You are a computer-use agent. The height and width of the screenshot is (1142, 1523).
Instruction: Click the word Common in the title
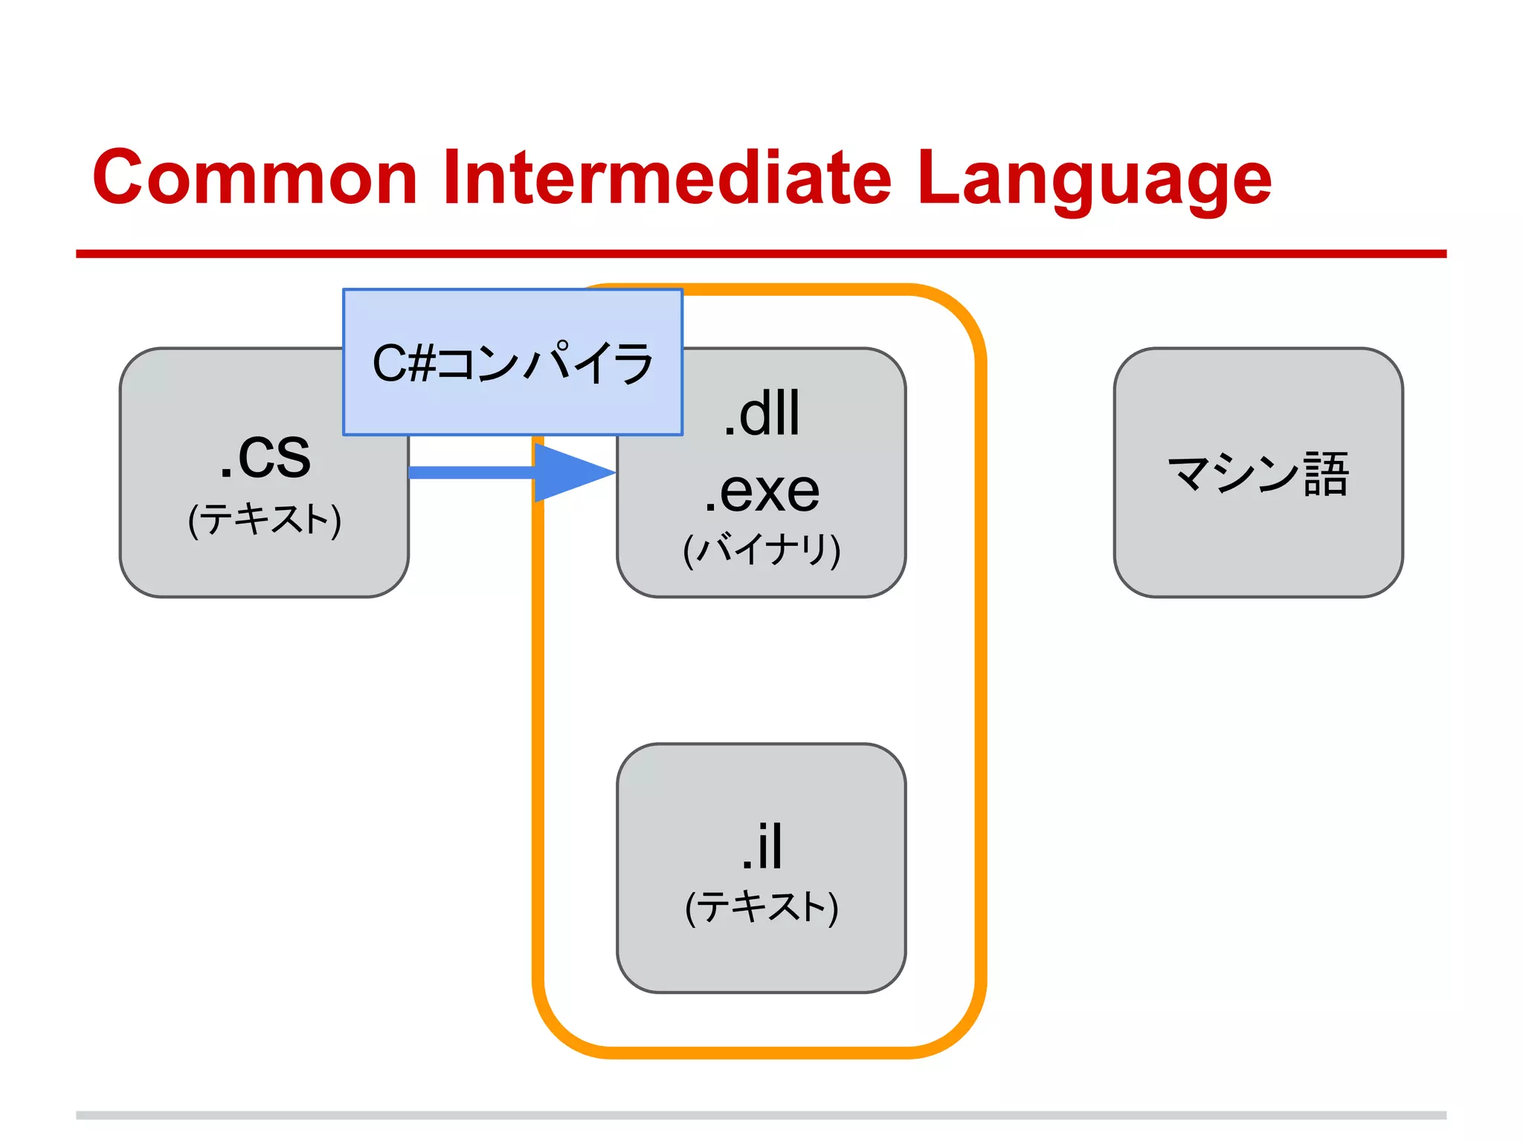(254, 178)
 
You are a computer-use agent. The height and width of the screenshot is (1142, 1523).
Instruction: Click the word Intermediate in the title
(666, 178)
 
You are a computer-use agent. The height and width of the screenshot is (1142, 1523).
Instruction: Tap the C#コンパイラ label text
(512, 364)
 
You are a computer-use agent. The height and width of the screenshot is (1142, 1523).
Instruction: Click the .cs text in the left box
(265, 456)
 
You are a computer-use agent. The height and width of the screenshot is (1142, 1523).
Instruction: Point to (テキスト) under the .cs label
(265, 519)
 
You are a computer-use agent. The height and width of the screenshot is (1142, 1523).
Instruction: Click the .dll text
(761, 413)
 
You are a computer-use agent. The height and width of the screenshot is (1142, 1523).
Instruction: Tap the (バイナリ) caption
(761, 550)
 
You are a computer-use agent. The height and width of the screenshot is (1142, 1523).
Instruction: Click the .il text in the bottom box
(761, 846)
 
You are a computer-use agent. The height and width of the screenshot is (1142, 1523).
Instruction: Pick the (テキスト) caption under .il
(761, 907)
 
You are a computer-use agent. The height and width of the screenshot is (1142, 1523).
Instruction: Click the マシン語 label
(1258, 474)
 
